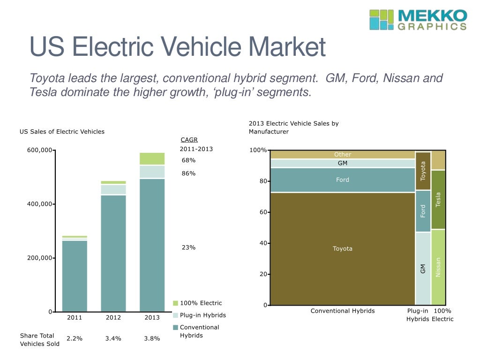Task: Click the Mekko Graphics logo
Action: (418, 20)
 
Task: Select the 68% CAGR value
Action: (188, 160)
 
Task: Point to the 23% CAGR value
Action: (188, 247)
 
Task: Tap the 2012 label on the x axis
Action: (113, 317)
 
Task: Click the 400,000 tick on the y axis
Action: (37, 204)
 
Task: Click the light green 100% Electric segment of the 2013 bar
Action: (152, 158)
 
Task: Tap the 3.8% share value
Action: (152, 338)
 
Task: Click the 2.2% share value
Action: (75, 338)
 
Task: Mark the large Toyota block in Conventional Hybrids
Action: (343, 248)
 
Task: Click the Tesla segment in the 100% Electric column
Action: (438, 200)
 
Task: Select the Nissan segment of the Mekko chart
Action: (438, 267)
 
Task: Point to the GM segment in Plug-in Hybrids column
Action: (423, 269)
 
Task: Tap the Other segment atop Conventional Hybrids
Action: (343, 155)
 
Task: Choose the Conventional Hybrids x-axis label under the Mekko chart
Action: (343, 311)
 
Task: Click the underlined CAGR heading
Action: (189, 140)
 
